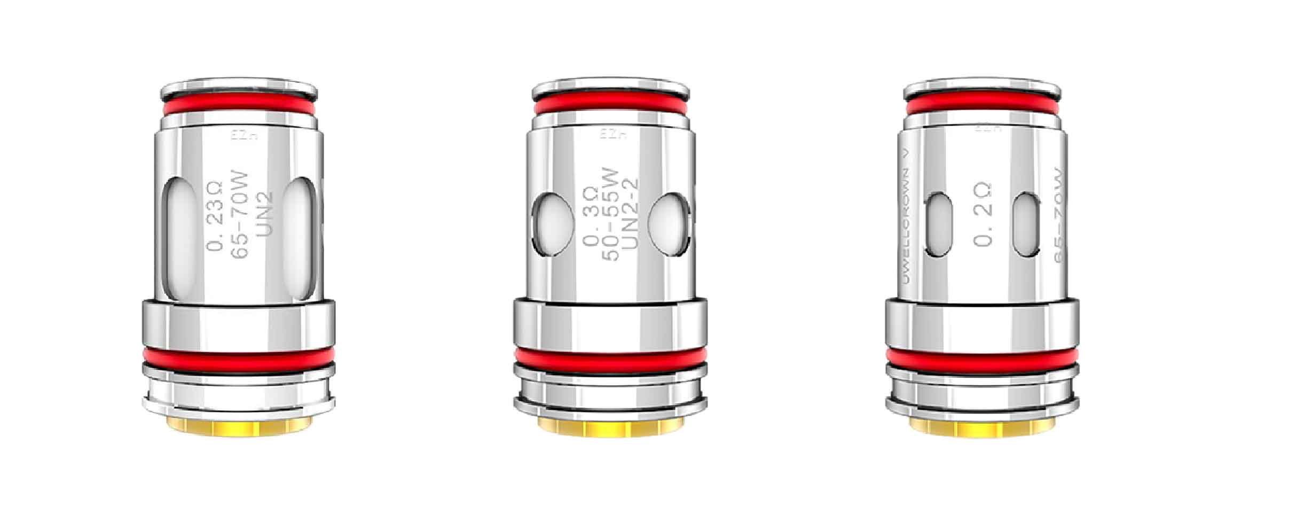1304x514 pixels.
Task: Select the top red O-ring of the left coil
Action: point(238,107)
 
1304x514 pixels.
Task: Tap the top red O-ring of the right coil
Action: point(982,104)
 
